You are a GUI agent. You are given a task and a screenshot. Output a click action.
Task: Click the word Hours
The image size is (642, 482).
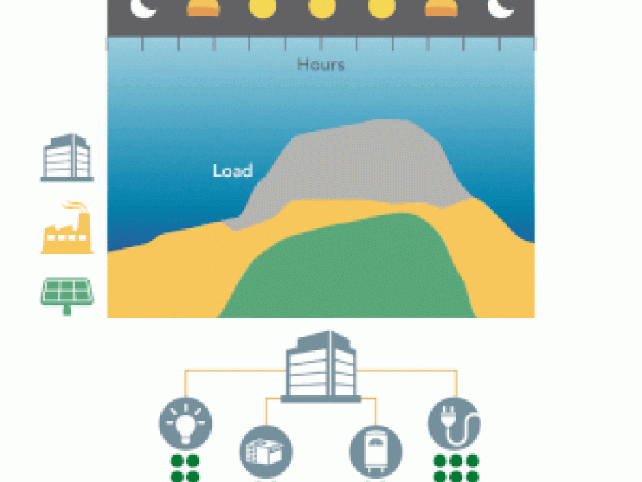click(x=320, y=64)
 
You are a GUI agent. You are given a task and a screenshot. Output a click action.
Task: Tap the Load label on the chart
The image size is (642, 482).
click(x=233, y=170)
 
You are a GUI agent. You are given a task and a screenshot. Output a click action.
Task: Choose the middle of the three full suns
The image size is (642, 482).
click(x=321, y=9)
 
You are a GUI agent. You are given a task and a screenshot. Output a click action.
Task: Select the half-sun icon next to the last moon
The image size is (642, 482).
click(x=440, y=9)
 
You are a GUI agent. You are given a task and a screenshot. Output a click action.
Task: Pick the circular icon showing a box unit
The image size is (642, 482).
click(x=266, y=451)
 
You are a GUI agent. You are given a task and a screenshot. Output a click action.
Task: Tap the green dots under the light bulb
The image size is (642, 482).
click(x=186, y=468)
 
